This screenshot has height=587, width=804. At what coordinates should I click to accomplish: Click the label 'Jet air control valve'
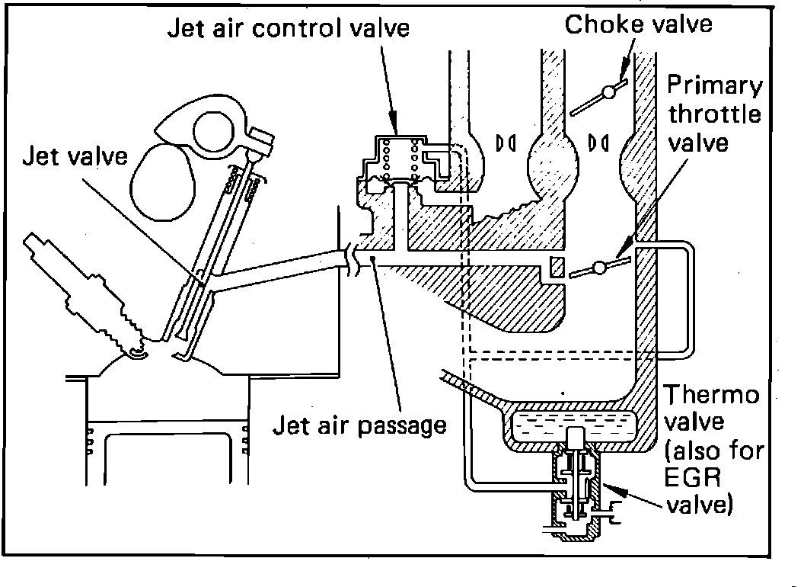(x=289, y=29)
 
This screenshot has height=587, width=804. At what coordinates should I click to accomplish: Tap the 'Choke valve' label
(x=638, y=24)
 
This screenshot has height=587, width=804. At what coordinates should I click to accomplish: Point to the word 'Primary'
(x=713, y=85)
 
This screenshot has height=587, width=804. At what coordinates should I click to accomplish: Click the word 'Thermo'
(x=712, y=396)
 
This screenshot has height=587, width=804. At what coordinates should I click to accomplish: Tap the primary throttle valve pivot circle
(x=599, y=268)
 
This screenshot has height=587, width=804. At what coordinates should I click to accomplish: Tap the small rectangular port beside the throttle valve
(x=556, y=268)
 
